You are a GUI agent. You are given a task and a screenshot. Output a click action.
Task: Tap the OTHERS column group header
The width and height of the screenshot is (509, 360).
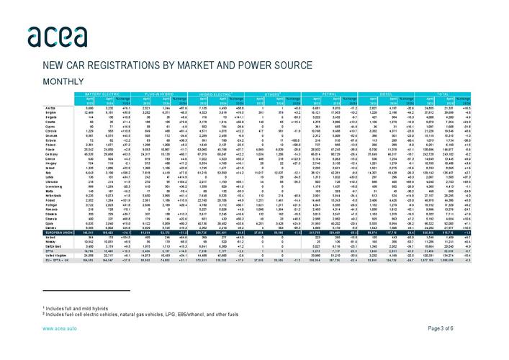(x=269, y=94)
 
